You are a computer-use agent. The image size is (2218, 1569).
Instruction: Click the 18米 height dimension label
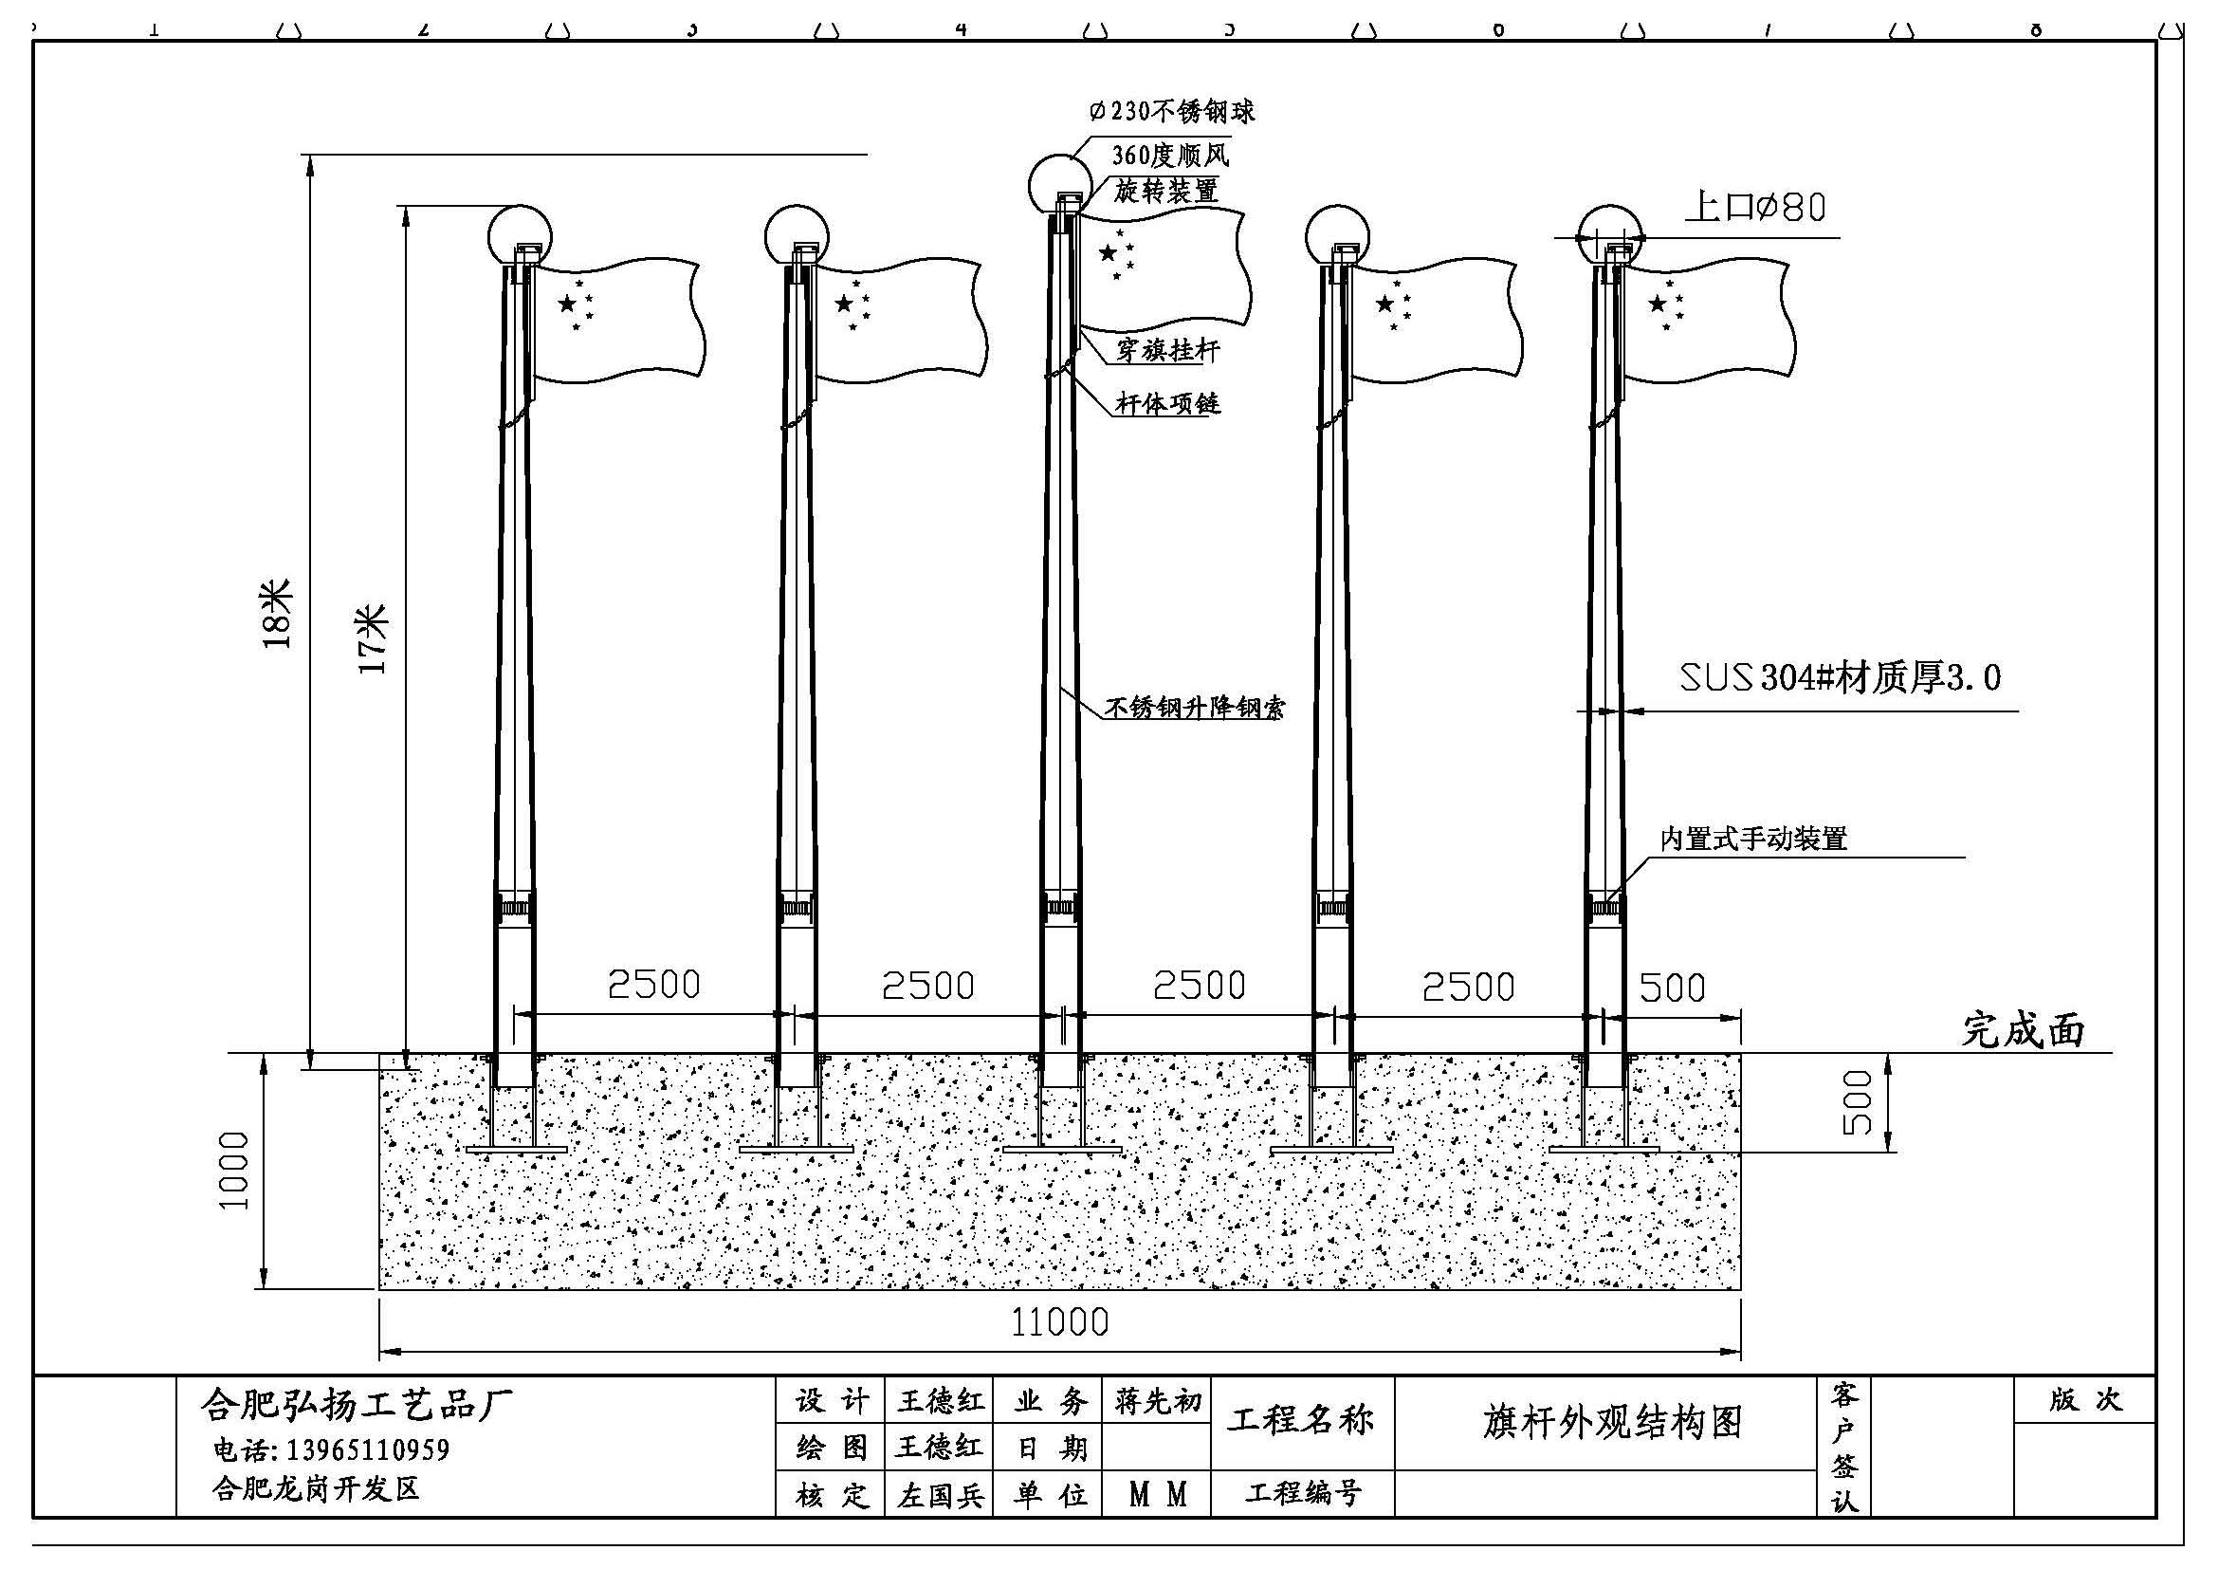point(277,614)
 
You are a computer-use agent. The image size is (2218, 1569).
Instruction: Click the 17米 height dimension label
point(372,638)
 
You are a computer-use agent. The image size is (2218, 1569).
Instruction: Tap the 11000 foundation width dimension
point(1060,1321)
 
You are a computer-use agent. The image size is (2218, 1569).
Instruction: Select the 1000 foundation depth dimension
point(235,1171)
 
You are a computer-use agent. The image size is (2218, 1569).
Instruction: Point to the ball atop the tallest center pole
point(1060,184)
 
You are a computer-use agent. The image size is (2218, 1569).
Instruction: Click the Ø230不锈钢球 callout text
point(1172,111)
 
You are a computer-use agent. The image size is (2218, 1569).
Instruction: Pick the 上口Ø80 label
point(1755,207)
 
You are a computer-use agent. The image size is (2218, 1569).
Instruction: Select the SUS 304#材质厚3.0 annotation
point(1841,677)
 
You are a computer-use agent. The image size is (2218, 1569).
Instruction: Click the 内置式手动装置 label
point(1753,839)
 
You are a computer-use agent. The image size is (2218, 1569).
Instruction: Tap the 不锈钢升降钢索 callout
point(1195,708)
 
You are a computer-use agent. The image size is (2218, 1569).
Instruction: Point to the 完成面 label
point(2023,1031)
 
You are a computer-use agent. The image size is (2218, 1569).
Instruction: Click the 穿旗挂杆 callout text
point(1168,350)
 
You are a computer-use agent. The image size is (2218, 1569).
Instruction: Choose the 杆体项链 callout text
point(1168,403)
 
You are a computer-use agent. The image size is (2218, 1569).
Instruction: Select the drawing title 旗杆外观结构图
point(1612,1422)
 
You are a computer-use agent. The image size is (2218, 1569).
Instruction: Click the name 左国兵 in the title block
point(940,1496)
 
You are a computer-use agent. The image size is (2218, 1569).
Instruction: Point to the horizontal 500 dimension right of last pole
point(1673,988)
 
